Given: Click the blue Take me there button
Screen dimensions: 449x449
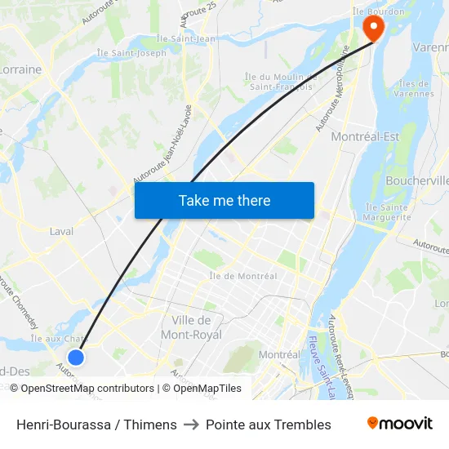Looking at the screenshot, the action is (x=224, y=200).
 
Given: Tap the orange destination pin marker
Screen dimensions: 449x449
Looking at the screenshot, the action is (x=372, y=29).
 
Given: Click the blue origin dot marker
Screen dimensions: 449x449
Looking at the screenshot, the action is (x=75, y=357).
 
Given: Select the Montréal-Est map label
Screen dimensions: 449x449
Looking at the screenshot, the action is (x=365, y=136).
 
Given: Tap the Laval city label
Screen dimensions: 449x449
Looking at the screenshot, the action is (x=61, y=231).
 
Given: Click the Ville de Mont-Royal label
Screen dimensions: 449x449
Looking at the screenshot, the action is (x=192, y=327).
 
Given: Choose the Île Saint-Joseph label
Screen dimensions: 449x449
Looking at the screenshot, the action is (x=131, y=53).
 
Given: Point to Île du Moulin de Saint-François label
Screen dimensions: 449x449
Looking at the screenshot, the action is (x=278, y=82).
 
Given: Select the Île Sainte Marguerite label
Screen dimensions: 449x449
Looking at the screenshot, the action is (x=387, y=212).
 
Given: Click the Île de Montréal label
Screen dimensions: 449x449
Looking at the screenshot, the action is (x=243, y=276).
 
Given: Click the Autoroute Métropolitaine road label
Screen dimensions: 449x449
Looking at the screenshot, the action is (x=332, y=93).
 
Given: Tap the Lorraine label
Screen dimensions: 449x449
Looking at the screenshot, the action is (x=21, y=69).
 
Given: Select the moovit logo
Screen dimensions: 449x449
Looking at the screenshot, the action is (x=400, y=424).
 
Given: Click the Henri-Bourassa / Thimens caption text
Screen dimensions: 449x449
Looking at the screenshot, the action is (x=96, y=425).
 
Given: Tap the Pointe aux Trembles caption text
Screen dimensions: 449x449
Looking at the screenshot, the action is (x=269, y=425).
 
